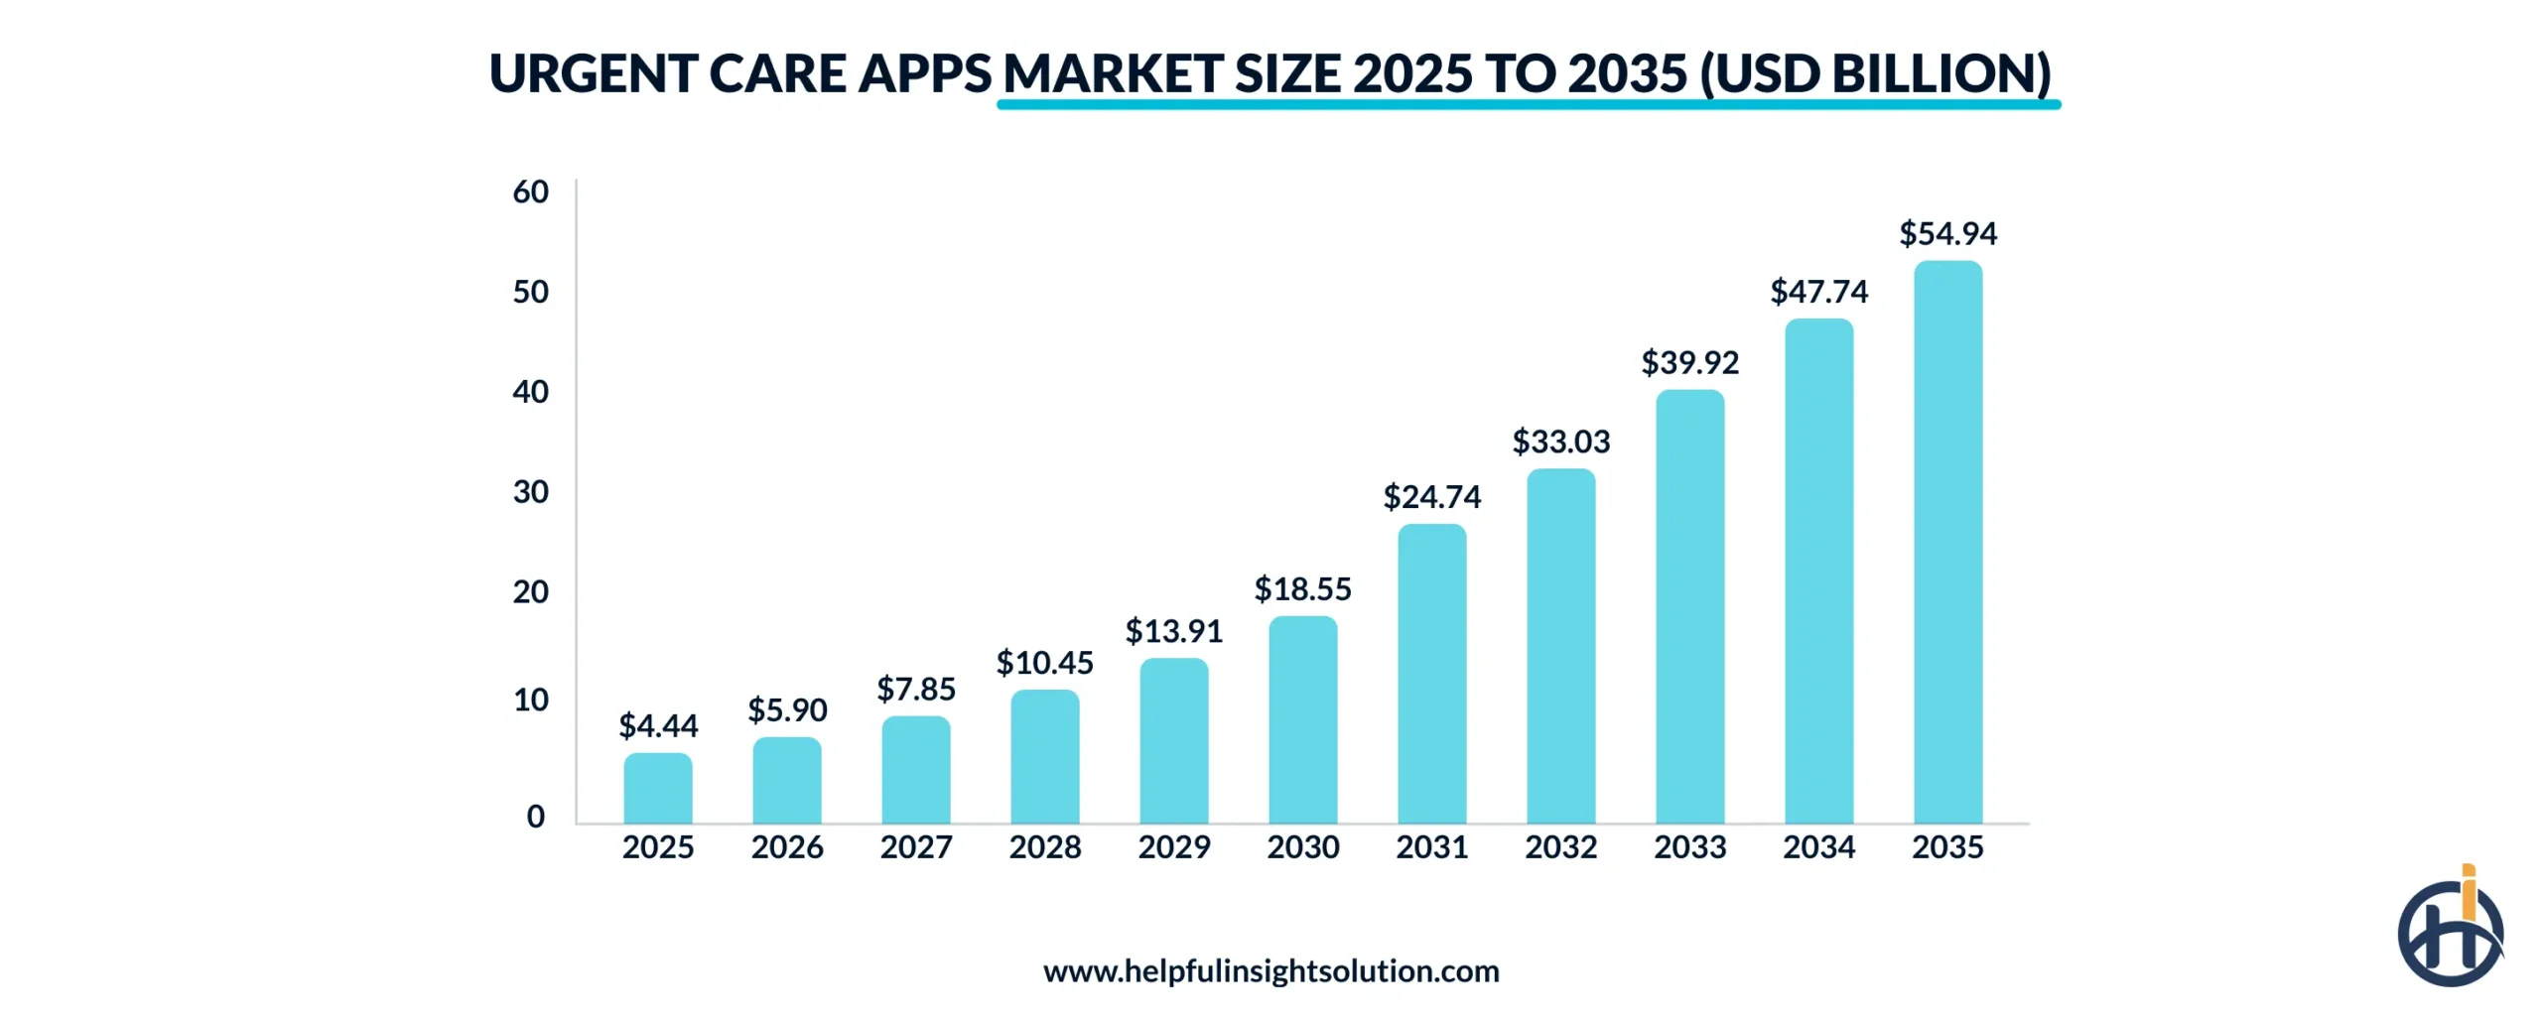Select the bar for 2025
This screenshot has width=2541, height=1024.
pos(657,788)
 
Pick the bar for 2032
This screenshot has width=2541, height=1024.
pos(1560,646)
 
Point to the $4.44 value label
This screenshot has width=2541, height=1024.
pos(657,726)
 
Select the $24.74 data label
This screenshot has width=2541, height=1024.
pos(1431,497)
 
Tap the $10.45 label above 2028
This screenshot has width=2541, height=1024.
pos(1044,663)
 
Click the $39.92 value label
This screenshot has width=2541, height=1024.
pos(1689,363)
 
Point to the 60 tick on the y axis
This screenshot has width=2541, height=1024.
pos(530,192)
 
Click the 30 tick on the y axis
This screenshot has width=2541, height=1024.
pos(530,492)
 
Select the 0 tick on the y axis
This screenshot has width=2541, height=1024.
pos(535,817)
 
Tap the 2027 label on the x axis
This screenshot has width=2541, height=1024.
pos(915,847)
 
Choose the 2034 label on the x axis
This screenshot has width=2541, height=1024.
pos(1818,847)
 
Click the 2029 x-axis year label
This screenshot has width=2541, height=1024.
pos(1173,847)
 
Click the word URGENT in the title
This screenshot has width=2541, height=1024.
pos(592,74)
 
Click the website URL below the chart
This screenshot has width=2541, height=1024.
pos(1270,970)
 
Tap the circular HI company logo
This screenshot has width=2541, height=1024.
pos(2450,931)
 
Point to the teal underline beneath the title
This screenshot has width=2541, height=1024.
pos(1529,104)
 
